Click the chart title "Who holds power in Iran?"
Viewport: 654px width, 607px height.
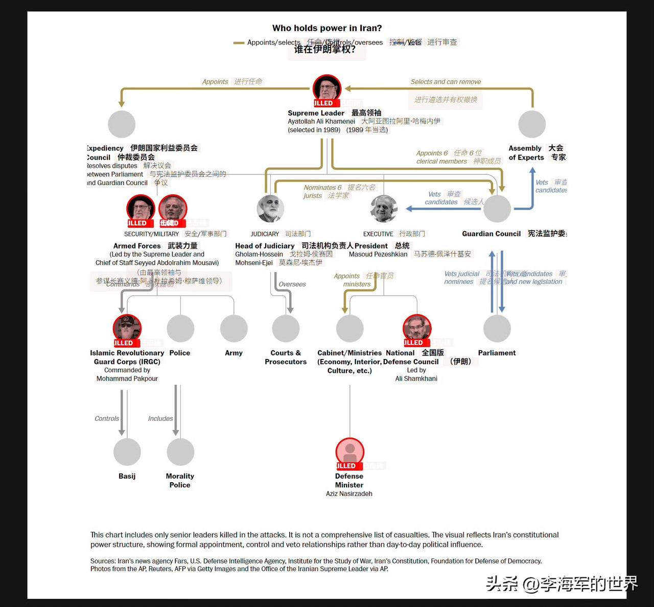coord(327,28)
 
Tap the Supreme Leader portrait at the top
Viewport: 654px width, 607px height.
coord(327,88)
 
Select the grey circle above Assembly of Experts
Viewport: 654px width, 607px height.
coord(532,124)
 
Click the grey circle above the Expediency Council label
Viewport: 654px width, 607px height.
coord(122,124)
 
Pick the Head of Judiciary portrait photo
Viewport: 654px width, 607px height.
coord(270,208)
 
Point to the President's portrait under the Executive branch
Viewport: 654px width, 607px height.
coord(384,208)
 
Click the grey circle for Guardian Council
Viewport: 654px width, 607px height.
coord(497,209)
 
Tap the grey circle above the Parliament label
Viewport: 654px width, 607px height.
coord(497,328)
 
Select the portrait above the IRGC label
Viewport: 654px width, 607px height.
coord(127,328)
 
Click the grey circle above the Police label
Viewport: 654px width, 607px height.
coord(180,328)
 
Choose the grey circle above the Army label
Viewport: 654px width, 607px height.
coord(234,328)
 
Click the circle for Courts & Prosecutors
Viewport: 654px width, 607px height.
coord(286,328)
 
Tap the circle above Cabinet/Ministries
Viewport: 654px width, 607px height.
coord(350,328)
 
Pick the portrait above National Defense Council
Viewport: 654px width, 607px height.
coord(417,328)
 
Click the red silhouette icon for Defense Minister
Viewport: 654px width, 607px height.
coord(350,452)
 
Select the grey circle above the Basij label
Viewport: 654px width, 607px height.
coord(127,452)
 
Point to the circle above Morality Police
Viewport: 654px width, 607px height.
coord(180,452)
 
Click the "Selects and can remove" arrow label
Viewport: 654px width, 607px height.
coord(446,82)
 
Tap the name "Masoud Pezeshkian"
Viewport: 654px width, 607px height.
coord(378,254)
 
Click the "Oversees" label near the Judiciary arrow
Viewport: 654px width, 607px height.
coord(292,284)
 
